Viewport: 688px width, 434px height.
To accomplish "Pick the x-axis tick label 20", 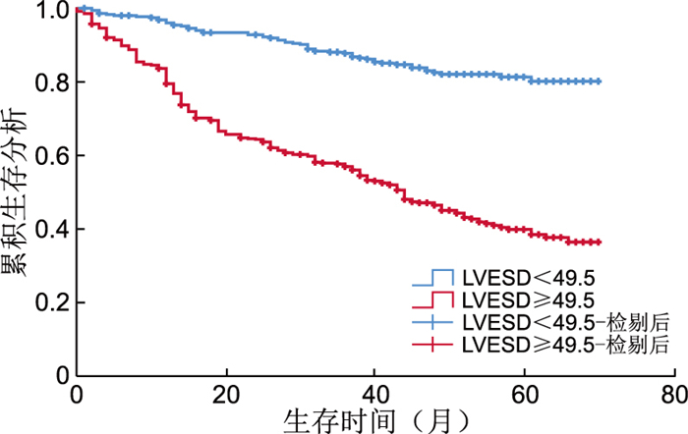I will [225, 394].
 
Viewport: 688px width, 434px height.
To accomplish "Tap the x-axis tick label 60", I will [524, 394].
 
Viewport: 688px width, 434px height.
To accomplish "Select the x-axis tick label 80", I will [673, 394].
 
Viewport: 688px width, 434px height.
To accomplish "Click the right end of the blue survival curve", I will [599, 81].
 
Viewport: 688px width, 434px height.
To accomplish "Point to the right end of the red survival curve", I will [599, 242].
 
